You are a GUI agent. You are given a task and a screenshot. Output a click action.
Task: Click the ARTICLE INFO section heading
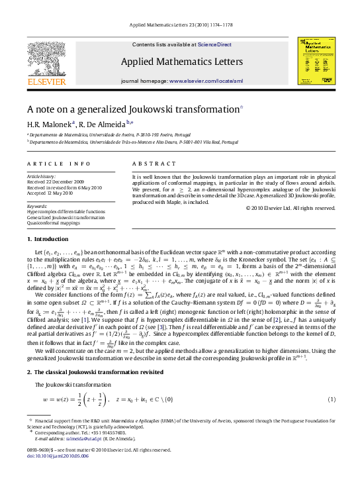59,163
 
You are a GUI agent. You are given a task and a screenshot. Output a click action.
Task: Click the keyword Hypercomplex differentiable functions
66,211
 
